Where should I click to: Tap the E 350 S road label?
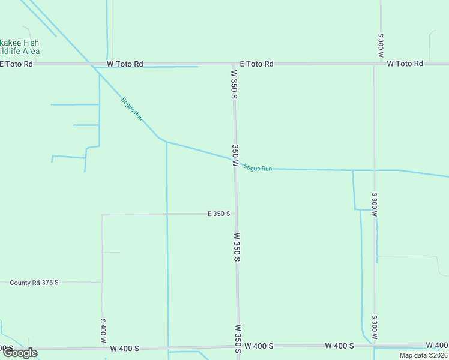tap(219, 214)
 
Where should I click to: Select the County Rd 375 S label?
tap(34, 282)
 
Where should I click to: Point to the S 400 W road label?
tap(103, 329)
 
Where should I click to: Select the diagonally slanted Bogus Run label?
tap(132, 109)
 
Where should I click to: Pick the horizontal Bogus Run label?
tap(258, 168)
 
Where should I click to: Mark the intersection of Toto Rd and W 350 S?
tap(234, 63)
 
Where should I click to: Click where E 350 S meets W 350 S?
tap(235, 213)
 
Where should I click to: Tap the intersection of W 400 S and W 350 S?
tap(238, 346)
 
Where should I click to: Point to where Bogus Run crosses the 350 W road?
tap(235, 160)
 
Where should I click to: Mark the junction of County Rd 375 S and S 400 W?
tap(101, 281)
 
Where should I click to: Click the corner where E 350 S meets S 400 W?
tap(101, 215)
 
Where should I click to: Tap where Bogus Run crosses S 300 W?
tap(374, 170)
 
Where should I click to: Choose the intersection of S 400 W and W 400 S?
tap(102, 347)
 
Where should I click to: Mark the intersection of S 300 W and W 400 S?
tap(375, 346)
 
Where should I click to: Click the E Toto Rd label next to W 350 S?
tap(256, 63)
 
